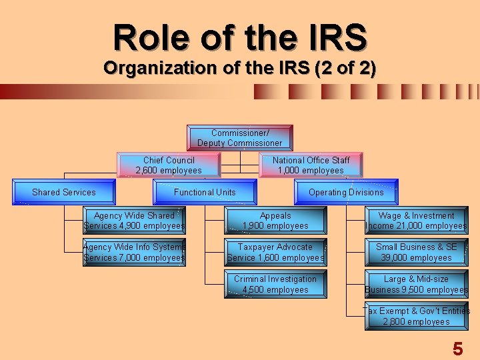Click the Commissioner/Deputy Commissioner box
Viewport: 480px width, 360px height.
coord(239,138)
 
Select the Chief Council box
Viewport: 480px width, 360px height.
coord(169,165)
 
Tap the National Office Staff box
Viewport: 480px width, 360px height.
coord(311,165)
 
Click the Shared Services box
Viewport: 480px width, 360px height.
coord(64,192)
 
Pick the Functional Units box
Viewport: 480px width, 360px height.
coord(205,192)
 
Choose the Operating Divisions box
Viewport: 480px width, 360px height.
coord(346,192)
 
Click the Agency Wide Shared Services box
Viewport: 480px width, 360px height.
coord(134,221)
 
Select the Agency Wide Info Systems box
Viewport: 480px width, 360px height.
coord(134,252)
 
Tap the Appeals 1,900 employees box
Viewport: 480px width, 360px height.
coord(275,221)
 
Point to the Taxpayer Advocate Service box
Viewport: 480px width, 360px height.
coord(275,252)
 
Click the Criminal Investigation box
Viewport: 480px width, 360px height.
coord(275,284)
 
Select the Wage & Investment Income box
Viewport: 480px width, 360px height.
coord(416,221)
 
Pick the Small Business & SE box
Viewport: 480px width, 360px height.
coord(416,252)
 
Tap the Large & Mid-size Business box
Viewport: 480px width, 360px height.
coord(416,284)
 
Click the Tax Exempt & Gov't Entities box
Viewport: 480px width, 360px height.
coord(416,316)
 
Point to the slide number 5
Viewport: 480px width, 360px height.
coord(457,349)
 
